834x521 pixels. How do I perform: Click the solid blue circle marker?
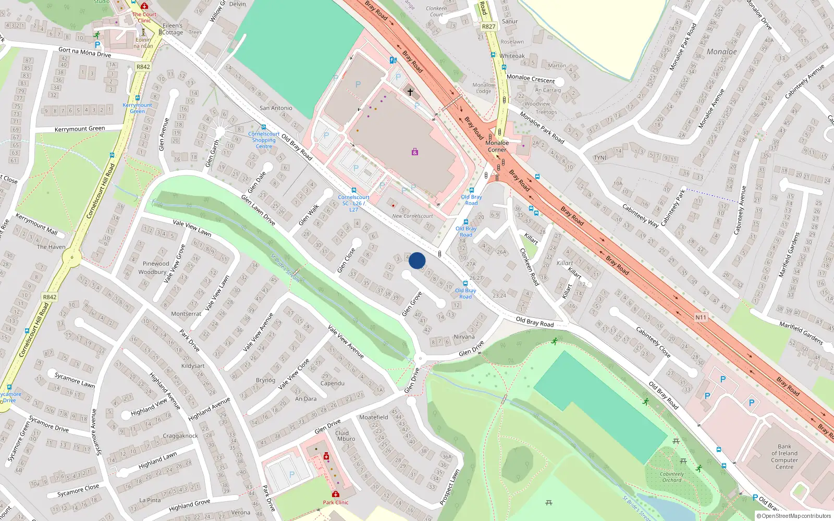coord(417,260)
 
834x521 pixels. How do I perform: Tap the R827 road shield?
coord(488,27)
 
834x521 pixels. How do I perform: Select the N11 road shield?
coord(701,317)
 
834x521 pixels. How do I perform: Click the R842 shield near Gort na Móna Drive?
coord(143,67)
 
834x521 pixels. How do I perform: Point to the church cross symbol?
coord(410,92)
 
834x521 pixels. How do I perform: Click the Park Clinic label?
coord(335,502)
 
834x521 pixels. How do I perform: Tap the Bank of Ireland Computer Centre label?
coord(784,457)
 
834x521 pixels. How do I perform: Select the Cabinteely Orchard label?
coord(672,477)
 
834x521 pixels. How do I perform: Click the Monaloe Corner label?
coord(497,146)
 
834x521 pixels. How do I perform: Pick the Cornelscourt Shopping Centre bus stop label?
coord(264,140)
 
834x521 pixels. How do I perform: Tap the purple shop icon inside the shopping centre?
coord(414,152)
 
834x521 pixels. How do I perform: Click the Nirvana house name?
coord(464,337)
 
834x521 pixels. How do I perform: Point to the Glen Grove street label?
coord(412,304)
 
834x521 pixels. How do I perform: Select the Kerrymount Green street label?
coord(80,129)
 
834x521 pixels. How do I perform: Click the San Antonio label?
coord(276,108)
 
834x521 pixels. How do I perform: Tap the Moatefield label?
coord(373,417)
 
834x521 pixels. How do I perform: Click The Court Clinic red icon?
coord(144,6)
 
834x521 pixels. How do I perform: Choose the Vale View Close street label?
coord(293,374)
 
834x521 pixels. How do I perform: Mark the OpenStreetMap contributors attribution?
coord(794,516)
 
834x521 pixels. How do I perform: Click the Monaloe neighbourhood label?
coord(721,52)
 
